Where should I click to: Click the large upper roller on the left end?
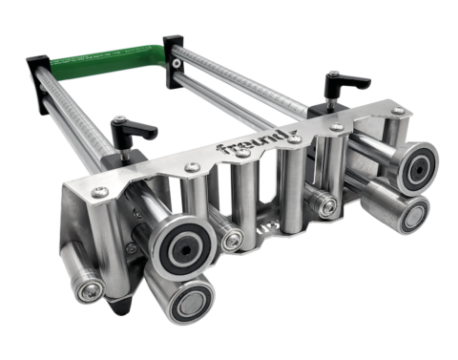pos(179,247)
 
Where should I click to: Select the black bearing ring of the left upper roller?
pos(179,247)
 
